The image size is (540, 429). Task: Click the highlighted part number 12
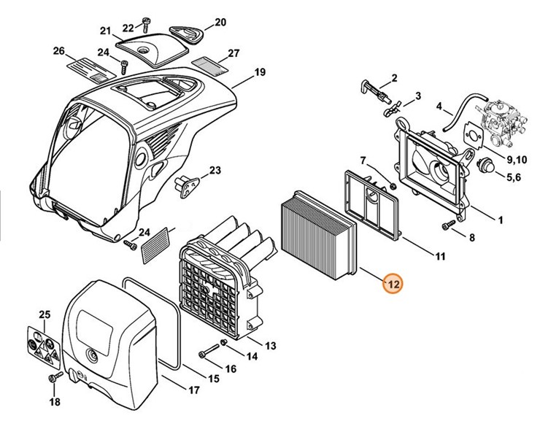pos(393,284)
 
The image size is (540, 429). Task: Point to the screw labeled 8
pos(448,228)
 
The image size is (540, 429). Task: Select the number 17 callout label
pos(194,390)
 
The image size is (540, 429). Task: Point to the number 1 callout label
pos(501,219)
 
